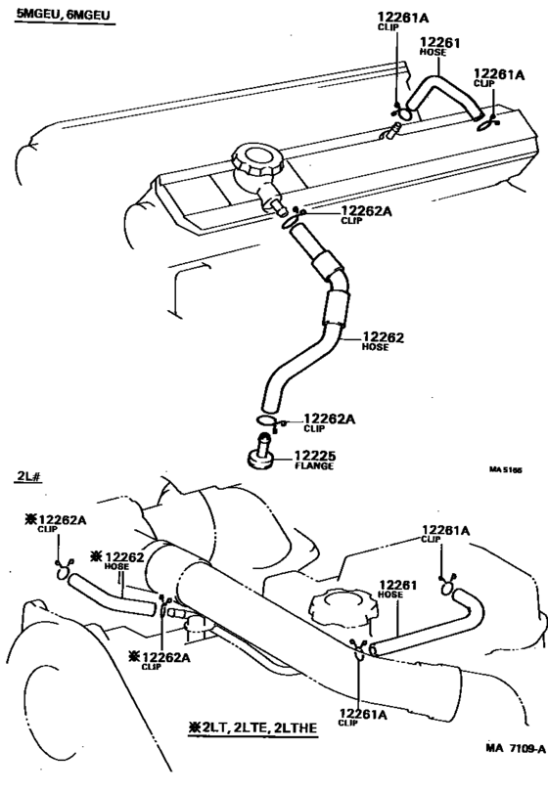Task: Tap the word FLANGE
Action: click(x=313, y=466)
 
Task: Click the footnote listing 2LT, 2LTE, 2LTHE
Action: click(x=260, y=729)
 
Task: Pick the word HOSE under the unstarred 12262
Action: click(x=376, y=347)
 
